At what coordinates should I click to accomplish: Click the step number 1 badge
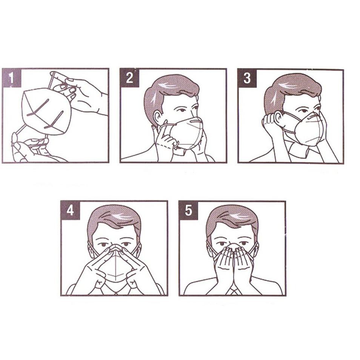tap(11, 78)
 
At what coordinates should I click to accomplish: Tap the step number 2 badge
tap(129, 78)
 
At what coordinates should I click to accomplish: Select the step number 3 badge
tap(247, 78)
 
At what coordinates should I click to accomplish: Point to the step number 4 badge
tap(70, 210)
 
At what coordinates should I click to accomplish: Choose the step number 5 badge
tap(188, 210)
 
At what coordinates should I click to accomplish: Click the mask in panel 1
tap(45, 111)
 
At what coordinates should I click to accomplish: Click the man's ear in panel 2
tap(157, 117)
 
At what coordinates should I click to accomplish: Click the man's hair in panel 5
tap(232, 217)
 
